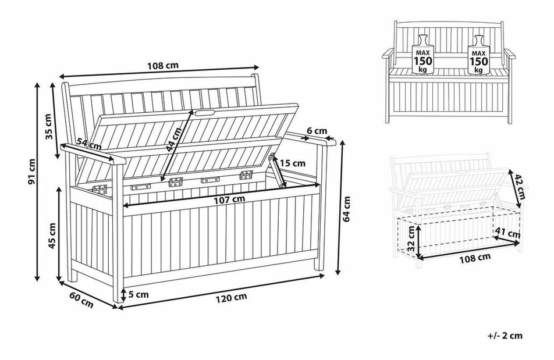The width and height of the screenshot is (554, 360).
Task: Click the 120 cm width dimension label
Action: (231, 298)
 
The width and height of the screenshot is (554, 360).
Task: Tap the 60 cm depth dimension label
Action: (81, 300)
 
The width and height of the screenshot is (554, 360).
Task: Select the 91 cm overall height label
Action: (32, 171)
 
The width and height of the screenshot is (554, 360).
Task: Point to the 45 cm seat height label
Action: (52, 236)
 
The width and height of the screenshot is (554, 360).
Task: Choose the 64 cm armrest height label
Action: (347, 209)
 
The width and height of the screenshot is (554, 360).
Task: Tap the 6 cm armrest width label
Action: (317, 131)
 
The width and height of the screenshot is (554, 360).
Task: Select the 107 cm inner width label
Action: (229, 199)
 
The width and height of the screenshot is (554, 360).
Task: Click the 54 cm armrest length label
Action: (89, 144)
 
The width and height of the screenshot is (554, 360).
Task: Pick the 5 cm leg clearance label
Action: (138, 294)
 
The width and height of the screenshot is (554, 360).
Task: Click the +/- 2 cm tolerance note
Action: (505, 336)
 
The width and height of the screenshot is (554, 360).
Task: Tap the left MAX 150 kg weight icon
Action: (422, 55)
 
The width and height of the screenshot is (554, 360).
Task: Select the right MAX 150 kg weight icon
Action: (478, 55)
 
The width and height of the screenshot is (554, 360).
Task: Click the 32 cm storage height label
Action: (411, 238)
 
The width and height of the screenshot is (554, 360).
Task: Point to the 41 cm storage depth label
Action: (507, 233)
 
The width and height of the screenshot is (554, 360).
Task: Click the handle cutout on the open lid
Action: (205, 113)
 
